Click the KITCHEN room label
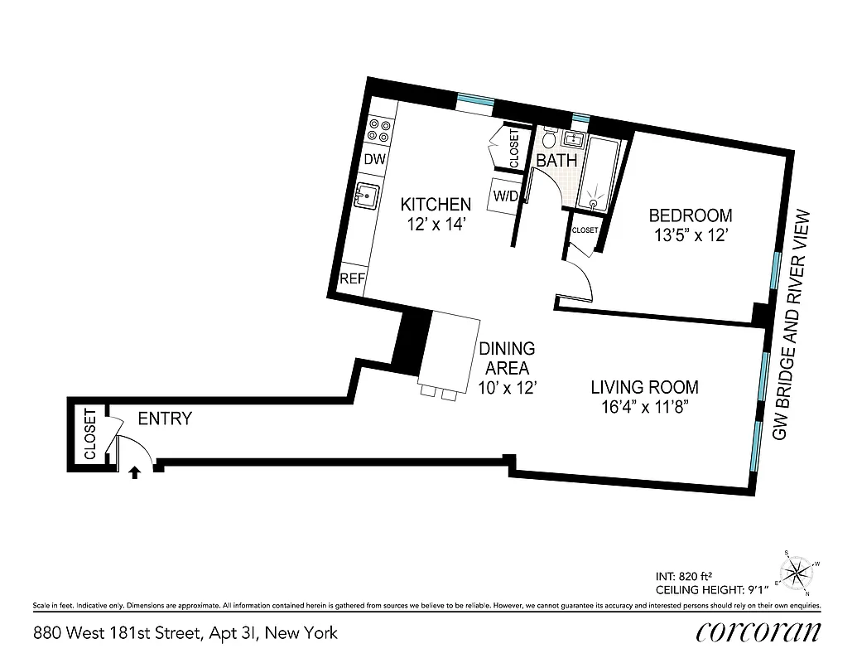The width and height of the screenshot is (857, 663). [436, 204]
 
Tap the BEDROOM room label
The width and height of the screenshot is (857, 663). [690, 215]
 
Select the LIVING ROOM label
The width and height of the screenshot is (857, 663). [644, 387]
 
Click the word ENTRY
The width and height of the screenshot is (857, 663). [165, 419]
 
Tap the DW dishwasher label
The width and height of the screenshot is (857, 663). [374, 160]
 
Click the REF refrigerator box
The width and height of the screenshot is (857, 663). [352, 279]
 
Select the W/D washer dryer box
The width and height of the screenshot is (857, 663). [505, 196]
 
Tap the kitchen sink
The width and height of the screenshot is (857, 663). [366, 197]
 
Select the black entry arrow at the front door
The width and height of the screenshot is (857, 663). [135, 472]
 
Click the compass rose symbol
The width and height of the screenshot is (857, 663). [797, 570]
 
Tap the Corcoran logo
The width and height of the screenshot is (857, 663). [758, 632]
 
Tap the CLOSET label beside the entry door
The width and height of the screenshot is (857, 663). [90, 434]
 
